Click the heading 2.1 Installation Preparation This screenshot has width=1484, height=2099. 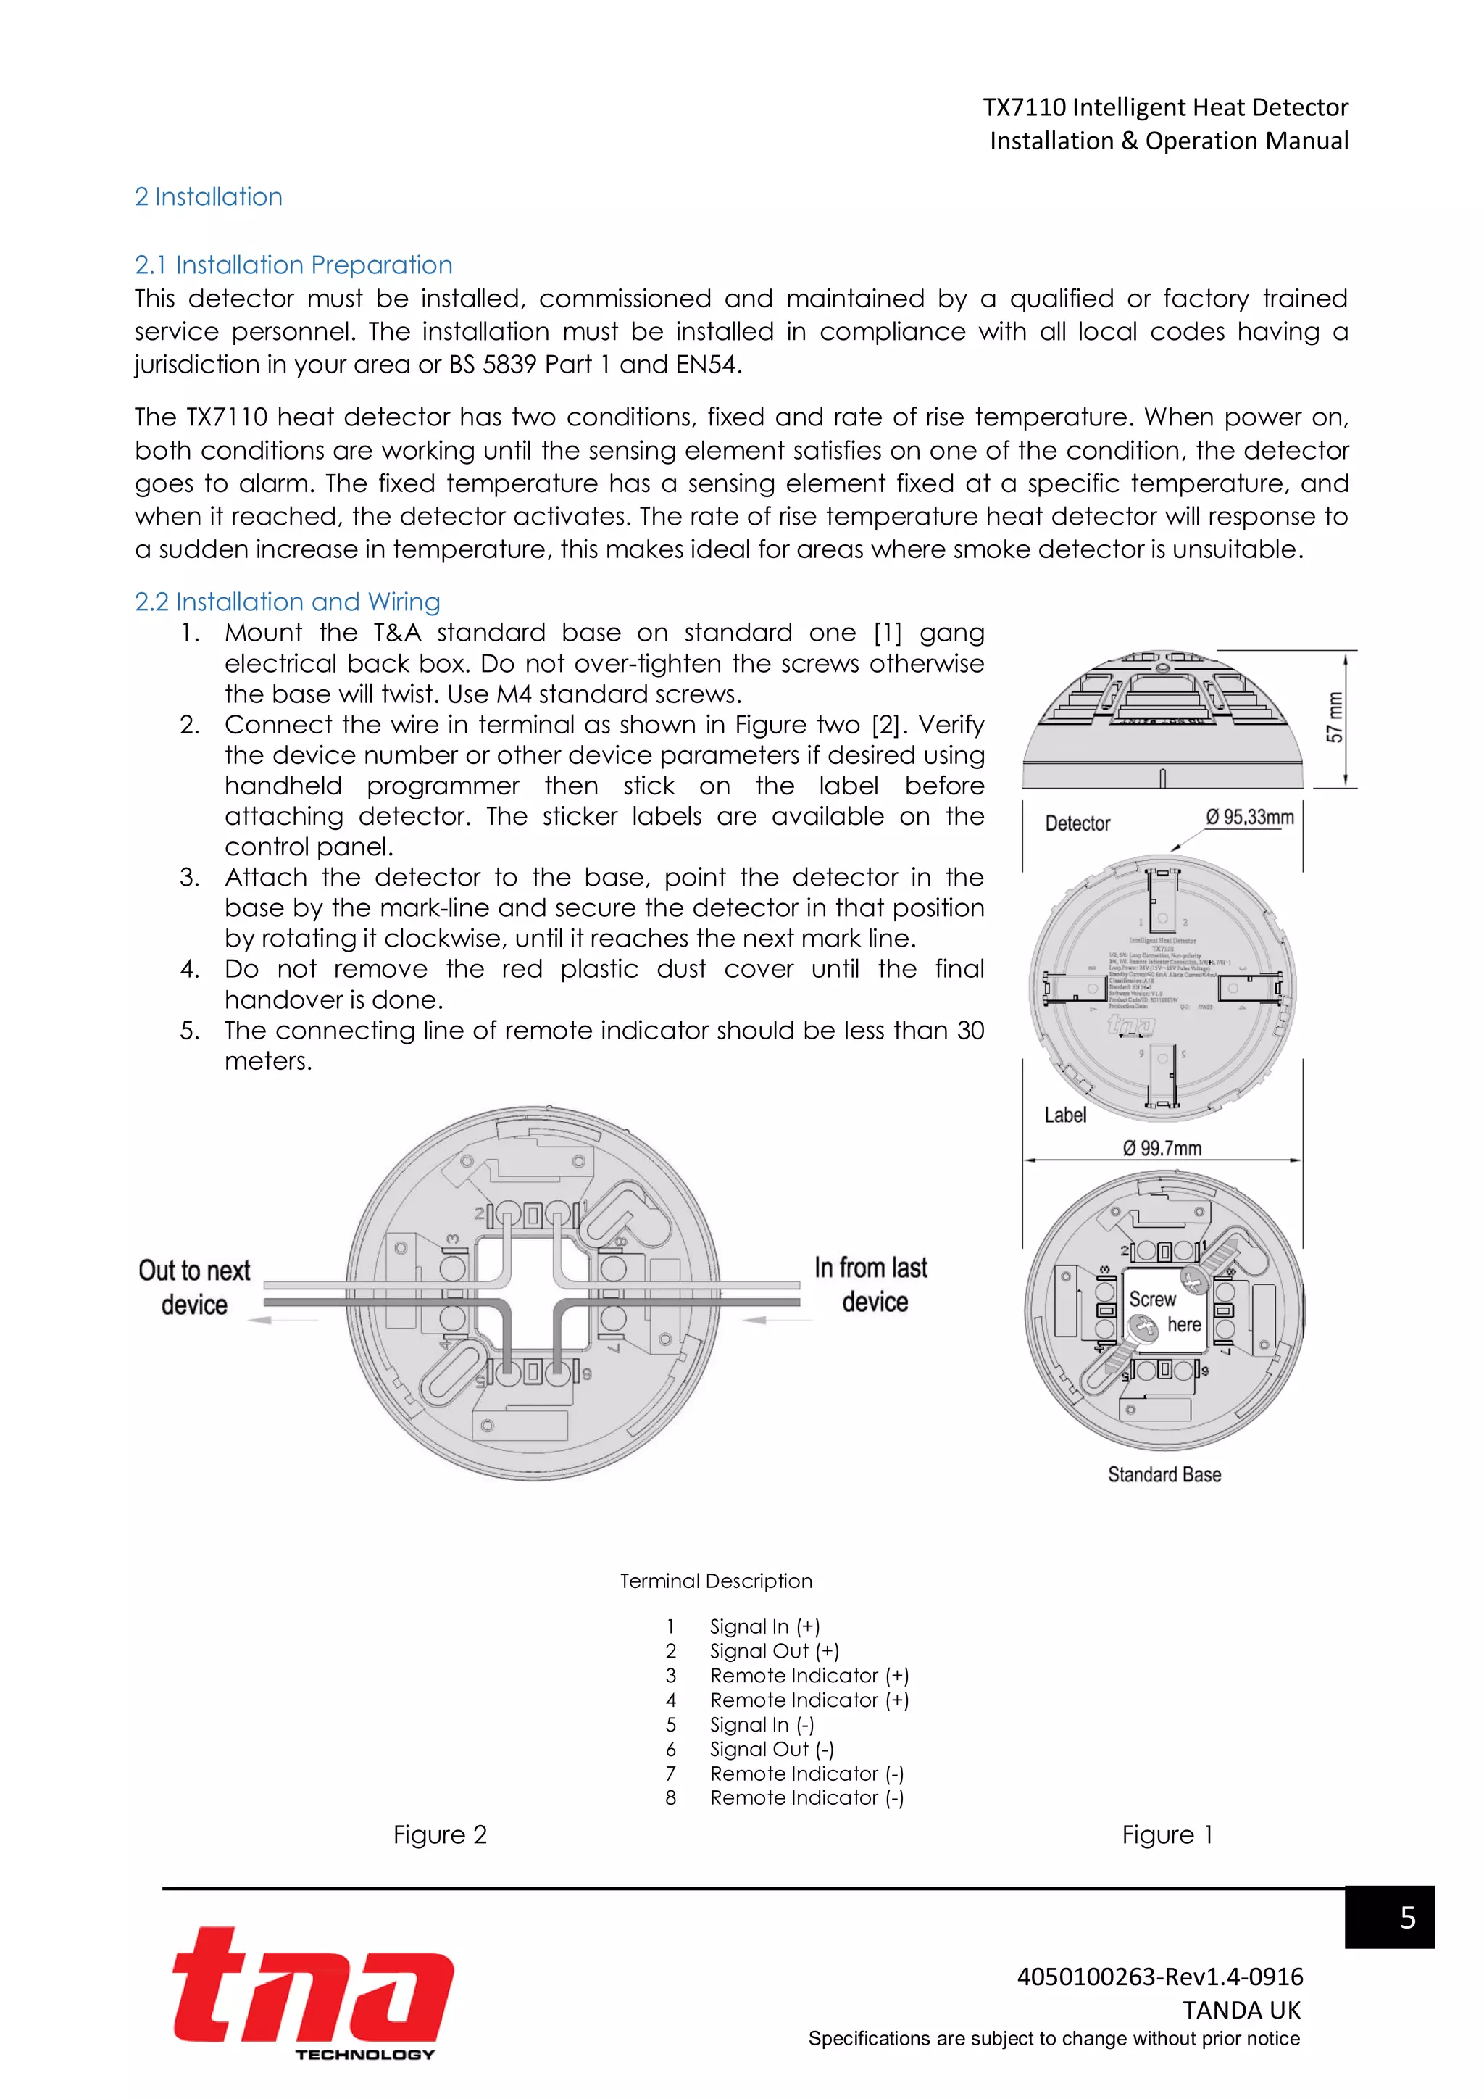pos(293,265)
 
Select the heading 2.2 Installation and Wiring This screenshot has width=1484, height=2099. pos(287,602)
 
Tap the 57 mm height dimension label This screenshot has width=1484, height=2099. pos(1335,718)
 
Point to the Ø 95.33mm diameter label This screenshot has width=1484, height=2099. pos(1249,818)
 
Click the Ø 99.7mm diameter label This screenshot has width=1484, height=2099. pos(1162,1148)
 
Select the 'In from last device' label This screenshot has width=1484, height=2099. pos(872,1284)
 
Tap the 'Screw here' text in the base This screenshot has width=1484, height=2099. pos(1164,1312)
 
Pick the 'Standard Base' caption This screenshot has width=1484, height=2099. pos(1164,1475)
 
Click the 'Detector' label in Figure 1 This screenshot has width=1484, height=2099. pos(1077,823)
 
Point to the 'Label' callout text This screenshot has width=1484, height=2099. pos(1064,1115)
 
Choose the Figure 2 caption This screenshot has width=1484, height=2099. pos(440,1834)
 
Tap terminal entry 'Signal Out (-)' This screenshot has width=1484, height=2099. pos(771,1749)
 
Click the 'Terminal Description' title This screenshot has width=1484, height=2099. pos(715,1581)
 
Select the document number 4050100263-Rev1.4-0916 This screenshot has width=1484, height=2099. pos(1159,1977)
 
